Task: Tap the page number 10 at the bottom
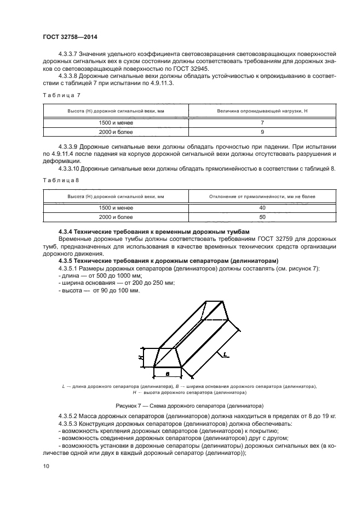pos(45,466)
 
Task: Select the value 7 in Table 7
pos(262,123)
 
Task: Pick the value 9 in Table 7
pos(262,132)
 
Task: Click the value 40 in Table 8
pos(262,208)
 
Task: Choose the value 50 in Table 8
pos(262,217)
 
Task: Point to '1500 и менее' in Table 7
pos(116,123)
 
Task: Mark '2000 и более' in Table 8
pos(116,217)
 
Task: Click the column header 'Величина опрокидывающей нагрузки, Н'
pos(262,111)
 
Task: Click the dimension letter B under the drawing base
pos(168,373)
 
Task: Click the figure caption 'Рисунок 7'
pos(130,406)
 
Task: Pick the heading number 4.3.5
pos(66,261)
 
